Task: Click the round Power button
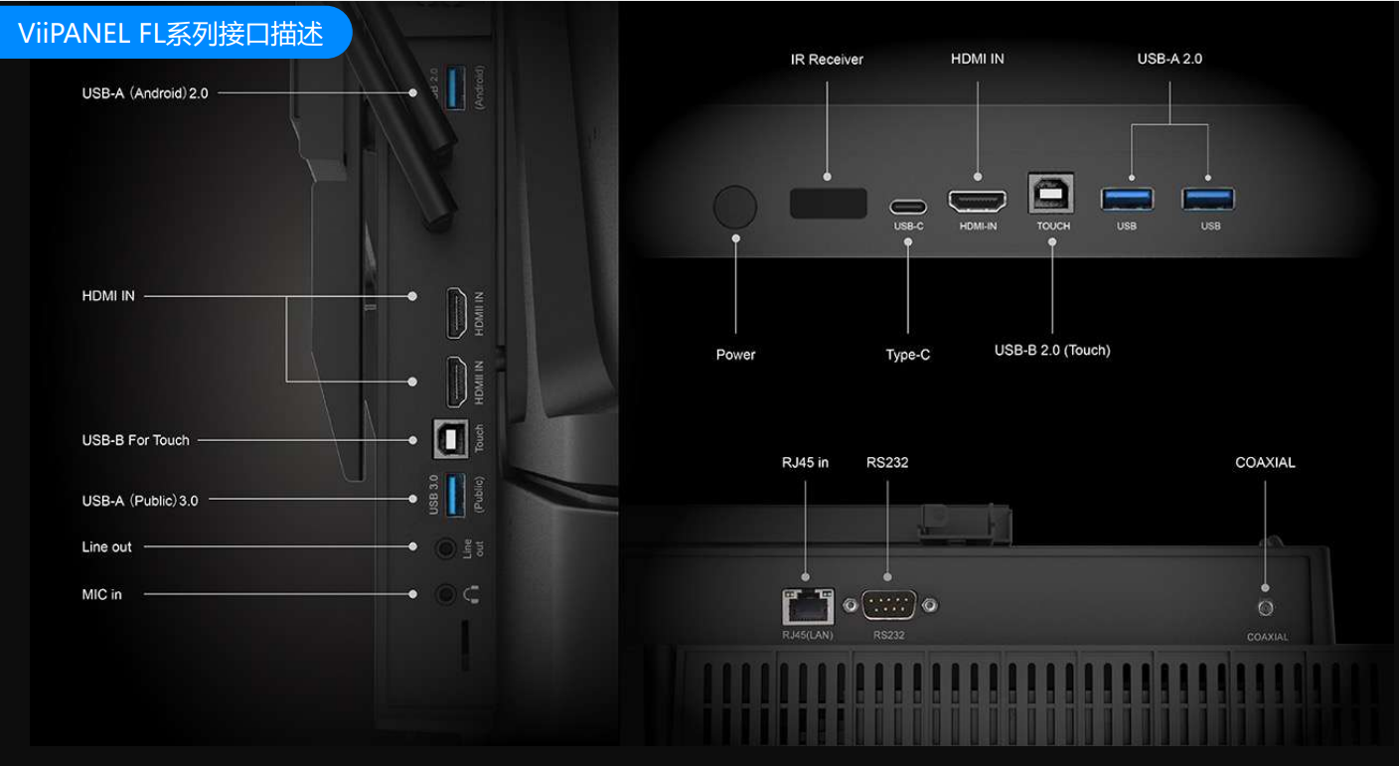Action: pyautogui.click(x=735, y=207)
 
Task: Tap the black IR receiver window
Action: pyautogui.click(x=828, y=203)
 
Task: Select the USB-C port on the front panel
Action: pyautogui.click(x=908, y=207)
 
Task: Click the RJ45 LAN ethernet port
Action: pyautogui.click(x=806, y=604)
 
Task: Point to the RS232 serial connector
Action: pyautogui.click(x=889, y=604)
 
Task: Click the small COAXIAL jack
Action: pyautogui.click(x=1266, y=608)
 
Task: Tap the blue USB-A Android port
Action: pyautogui.click(x=456, y=87)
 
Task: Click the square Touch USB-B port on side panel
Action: pyautogui.click(x=450, y=439)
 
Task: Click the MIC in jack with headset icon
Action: pyautogui.click(x=447, y=594)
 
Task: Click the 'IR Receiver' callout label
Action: pyautogui.click(x=827, y=60)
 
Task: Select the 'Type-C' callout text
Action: pyautogui.click(x=908, y=355)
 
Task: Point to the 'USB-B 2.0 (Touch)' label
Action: pyautogui.click(x=1052, y=350)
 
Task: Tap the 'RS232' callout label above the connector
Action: pyautogui.click(x=887, y=462)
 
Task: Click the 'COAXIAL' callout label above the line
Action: pyautogui.click(x=1265, y=462)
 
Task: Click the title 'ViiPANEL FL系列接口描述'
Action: pyautogui.click(x=171, y=34)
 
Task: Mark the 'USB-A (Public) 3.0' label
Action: pyautogui.click(x=140, y=501)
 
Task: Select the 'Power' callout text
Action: pyautogui.click(x=735, y=355)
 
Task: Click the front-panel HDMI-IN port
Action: pyautogui.click(x=978, y=202)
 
